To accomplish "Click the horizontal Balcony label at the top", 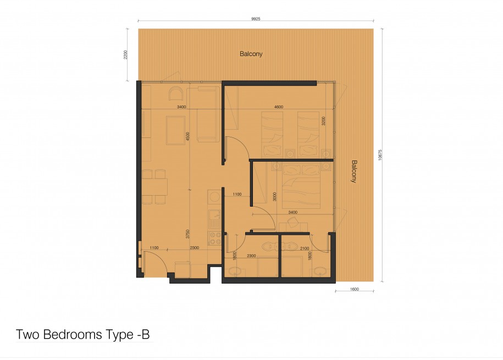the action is click(251, 54).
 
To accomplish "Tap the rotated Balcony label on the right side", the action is click(354, 171).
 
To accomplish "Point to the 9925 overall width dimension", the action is click(256, 19).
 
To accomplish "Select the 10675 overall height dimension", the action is click(380, 155).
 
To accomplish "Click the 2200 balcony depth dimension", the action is click(125, 54).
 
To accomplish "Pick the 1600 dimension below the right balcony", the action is click(354, 289).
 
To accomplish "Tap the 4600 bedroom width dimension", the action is click(279, 107).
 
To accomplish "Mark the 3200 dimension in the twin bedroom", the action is click(323, 121).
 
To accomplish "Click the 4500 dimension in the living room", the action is click(187, 136).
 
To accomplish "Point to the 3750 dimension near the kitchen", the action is click(187, 234).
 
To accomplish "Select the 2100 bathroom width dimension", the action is click(305, 248).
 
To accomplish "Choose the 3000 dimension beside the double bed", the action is click(275, 197).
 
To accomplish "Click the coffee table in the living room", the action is click(175, 130).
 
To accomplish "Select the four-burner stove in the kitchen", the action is click(214, 238).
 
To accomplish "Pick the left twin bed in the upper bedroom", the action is click(272, 135).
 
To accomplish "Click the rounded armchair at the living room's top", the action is click(176, 93).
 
